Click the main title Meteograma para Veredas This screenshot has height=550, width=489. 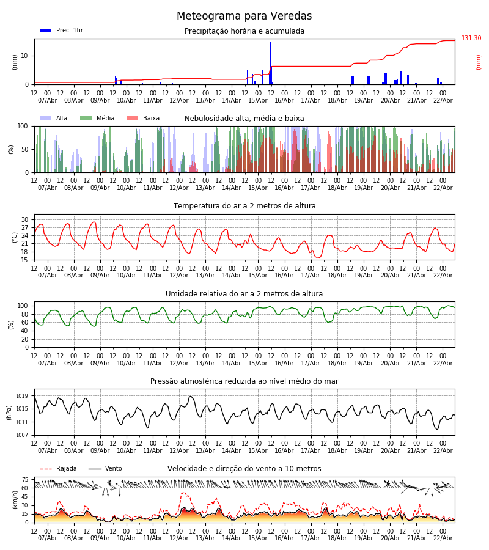tap(244, 16)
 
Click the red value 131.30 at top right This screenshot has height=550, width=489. tap(471, 38)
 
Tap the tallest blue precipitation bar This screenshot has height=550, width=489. tap(270, 61)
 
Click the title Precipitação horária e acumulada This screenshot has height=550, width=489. tap(244, 31)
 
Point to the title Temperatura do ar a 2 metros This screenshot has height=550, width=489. tap(244, 206)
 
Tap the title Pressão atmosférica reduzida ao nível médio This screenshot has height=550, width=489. tap(244, 381)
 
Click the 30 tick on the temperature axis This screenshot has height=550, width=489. tap(25, 219)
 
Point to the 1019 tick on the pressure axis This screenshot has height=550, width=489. tap(23, 396)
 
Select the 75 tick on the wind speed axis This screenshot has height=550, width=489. tap(25, 480)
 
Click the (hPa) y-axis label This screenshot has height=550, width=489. tap(10, 412)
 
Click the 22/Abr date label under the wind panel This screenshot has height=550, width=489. tap(443, 538)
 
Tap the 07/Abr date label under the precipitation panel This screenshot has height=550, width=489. tap(48, 100)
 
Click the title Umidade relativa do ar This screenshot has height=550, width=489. tap(244, 294)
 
